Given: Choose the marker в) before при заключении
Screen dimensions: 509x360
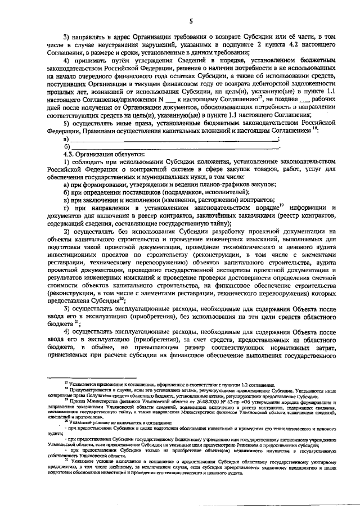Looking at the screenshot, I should point(66,200).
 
